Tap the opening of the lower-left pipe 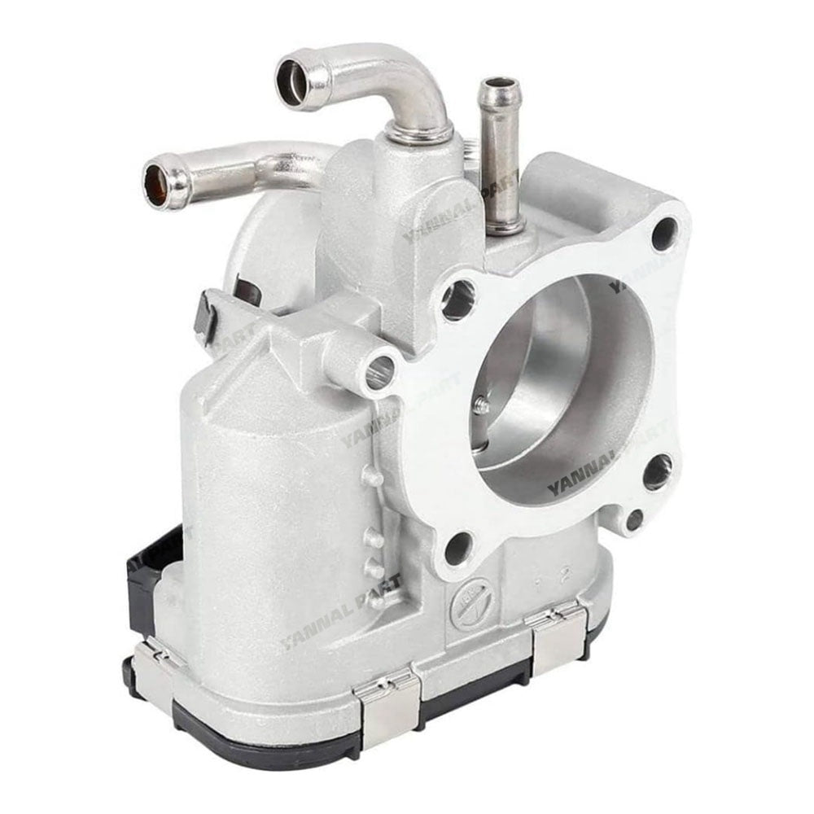157,180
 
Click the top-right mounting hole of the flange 663,234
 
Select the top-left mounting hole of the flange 457,300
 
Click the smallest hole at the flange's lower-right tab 633,519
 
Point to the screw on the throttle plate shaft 484,405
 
